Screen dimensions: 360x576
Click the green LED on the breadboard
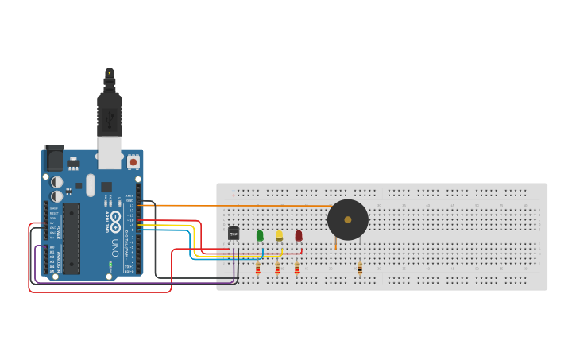260,235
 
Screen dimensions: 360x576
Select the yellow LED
279,235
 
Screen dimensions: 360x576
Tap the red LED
299,235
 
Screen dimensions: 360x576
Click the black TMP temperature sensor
234,233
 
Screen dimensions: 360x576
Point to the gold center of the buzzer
348,219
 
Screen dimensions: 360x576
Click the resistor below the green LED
258,269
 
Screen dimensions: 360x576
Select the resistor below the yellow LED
277,269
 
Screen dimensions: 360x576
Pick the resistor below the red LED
297,269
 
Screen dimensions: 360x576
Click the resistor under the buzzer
360,269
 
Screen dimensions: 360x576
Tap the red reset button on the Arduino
133,161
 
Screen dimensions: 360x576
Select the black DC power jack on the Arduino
53,157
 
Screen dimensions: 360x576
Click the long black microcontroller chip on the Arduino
72,238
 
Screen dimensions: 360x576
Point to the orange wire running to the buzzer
238,205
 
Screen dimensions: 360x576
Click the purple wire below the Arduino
135,283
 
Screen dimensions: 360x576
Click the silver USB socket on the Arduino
110,153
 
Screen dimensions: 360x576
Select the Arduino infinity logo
115,219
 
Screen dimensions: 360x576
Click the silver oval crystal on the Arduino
91,185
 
